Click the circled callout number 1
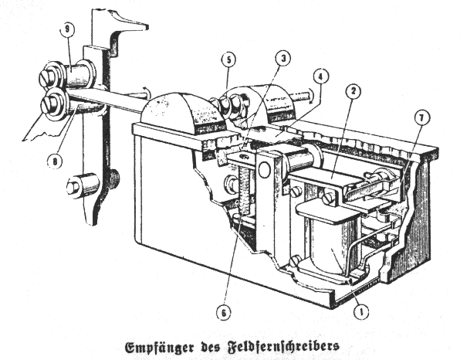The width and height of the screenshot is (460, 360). pos(361,311)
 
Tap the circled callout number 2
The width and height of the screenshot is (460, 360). pos(353,91)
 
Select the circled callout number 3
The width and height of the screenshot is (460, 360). pos(282,58)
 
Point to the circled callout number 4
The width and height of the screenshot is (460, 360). pos(321,76)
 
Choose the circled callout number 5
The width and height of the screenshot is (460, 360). pos(228,59)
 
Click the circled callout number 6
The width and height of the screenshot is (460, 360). pos(224,313)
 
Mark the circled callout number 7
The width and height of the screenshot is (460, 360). pos(422,117)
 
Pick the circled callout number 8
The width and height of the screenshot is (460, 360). pos(55,161)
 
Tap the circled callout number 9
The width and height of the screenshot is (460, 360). pos(67,29)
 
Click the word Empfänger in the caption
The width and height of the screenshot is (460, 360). pos(160,348)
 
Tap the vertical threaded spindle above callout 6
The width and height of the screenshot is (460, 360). pos(244,188)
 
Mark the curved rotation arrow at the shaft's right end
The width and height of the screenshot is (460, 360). pos(311,97)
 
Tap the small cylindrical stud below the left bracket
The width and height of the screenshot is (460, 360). pos(82,185)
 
